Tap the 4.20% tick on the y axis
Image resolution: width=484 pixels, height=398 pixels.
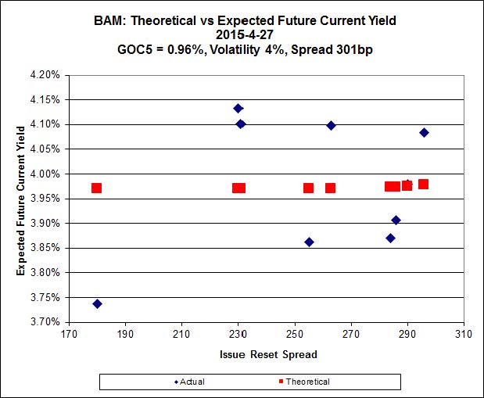coord(45,75)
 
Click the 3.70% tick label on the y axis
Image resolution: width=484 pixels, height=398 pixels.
coord(45,322)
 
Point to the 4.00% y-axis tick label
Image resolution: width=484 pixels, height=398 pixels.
coord(45,174)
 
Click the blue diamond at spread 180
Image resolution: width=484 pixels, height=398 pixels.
coord(97,303)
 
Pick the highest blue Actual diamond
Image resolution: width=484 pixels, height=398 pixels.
coord(238,108)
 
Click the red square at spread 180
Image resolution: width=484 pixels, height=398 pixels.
coord(96,188)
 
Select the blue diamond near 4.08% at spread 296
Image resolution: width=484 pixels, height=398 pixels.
coord(424,132)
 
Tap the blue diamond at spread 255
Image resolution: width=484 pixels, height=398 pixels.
coord(309,242)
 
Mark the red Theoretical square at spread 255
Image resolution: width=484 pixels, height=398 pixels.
coord(309,188)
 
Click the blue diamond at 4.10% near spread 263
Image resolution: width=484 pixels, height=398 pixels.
coord(331,125)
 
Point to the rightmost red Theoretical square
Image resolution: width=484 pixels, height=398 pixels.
coord(423,185)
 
